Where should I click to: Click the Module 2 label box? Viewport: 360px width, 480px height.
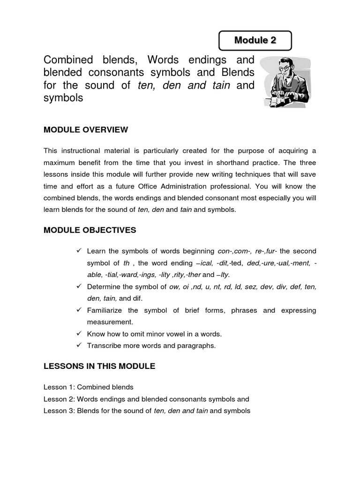[255, 40]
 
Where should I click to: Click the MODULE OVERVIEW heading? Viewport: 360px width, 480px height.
[86, 129]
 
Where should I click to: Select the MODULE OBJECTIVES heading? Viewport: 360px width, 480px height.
[90, 230]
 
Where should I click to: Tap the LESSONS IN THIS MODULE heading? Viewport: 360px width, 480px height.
[99, 366]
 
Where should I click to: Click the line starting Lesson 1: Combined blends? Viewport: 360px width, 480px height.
[89, 387]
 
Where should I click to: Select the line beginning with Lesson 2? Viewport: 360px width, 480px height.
[146, 399]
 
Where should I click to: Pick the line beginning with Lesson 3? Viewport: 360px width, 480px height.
[147, 411]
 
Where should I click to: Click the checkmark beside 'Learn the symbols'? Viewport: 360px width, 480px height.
[79, 251]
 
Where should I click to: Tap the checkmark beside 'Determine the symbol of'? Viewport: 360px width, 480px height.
[79, 286]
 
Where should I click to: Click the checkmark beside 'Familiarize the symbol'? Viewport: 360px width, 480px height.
[79, 310]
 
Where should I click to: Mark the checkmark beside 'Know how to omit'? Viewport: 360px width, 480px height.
[79, 334]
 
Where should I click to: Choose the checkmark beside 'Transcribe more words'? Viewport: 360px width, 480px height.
[79, 345]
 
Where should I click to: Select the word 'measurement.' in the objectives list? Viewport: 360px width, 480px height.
[110, 322]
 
